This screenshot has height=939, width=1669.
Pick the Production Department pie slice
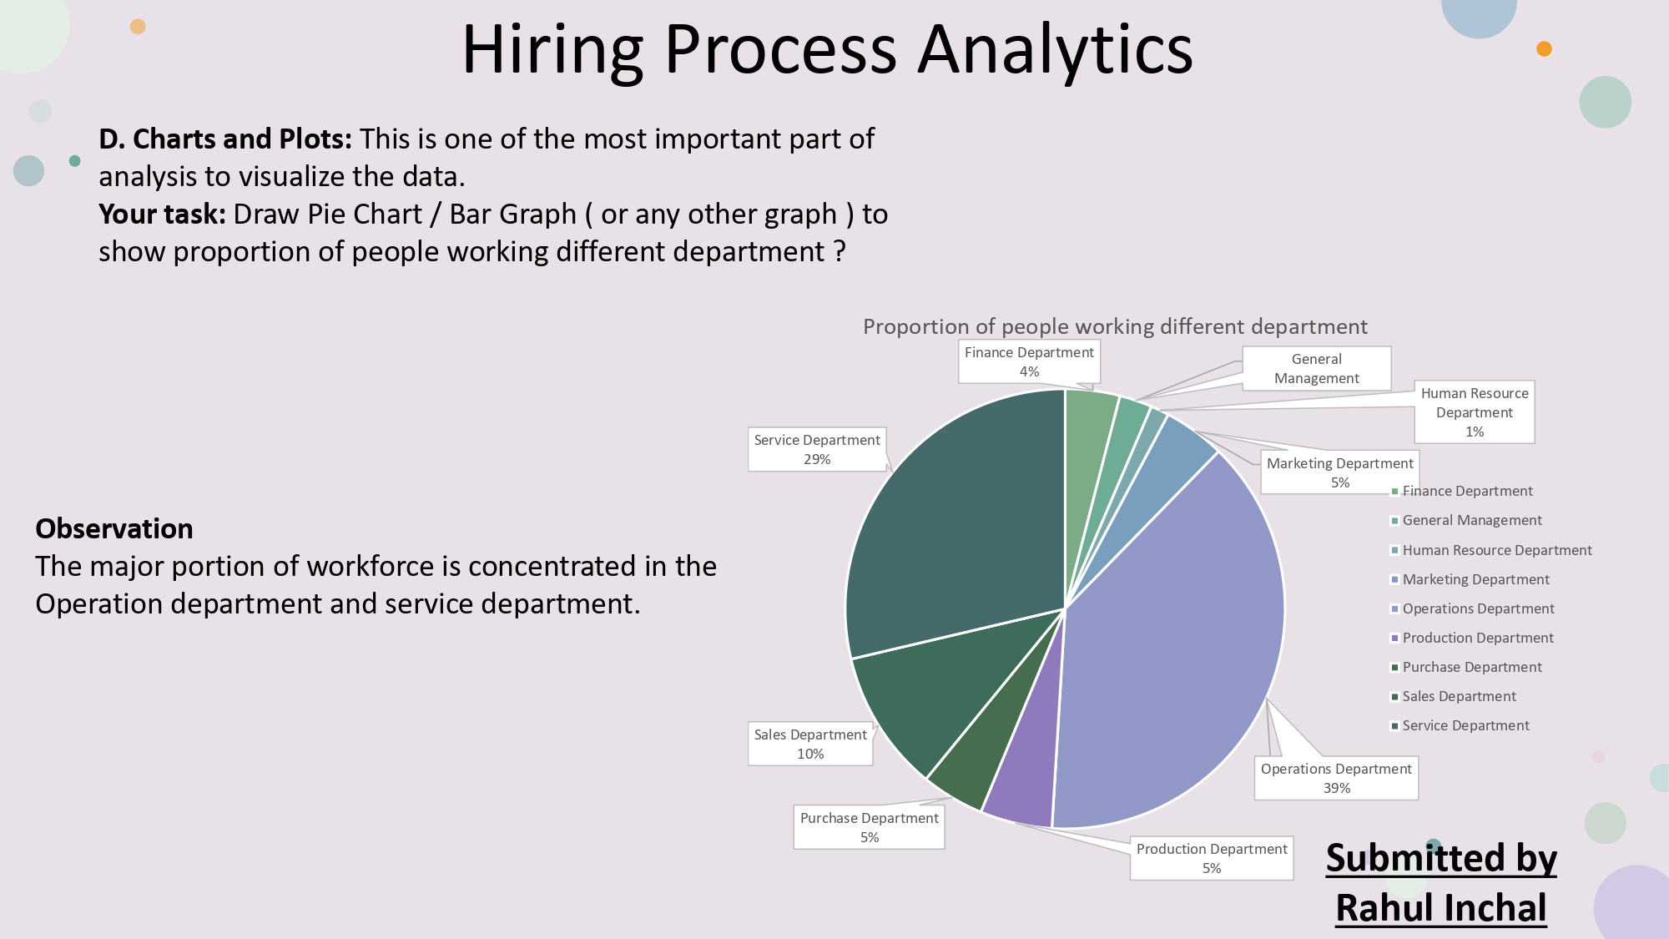[1022, 776]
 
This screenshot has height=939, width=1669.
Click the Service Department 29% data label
[817, 449]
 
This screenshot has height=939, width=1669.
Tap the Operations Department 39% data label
[1336, 778]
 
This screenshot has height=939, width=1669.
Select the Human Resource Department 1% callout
[1475, 411]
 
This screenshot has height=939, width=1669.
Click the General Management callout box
[1316, 368]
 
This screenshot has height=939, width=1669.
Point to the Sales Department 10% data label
[810, 744]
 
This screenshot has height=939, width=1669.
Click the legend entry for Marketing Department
[1475, 579]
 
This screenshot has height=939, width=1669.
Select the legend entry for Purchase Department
[1472, 667]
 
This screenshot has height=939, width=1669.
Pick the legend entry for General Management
[1472, 520]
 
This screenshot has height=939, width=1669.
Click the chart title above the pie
[1115, 326]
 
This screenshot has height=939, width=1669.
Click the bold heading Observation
[114, 528]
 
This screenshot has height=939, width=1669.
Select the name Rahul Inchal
[1441, 908]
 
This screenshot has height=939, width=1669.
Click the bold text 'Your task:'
[162, 215]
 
